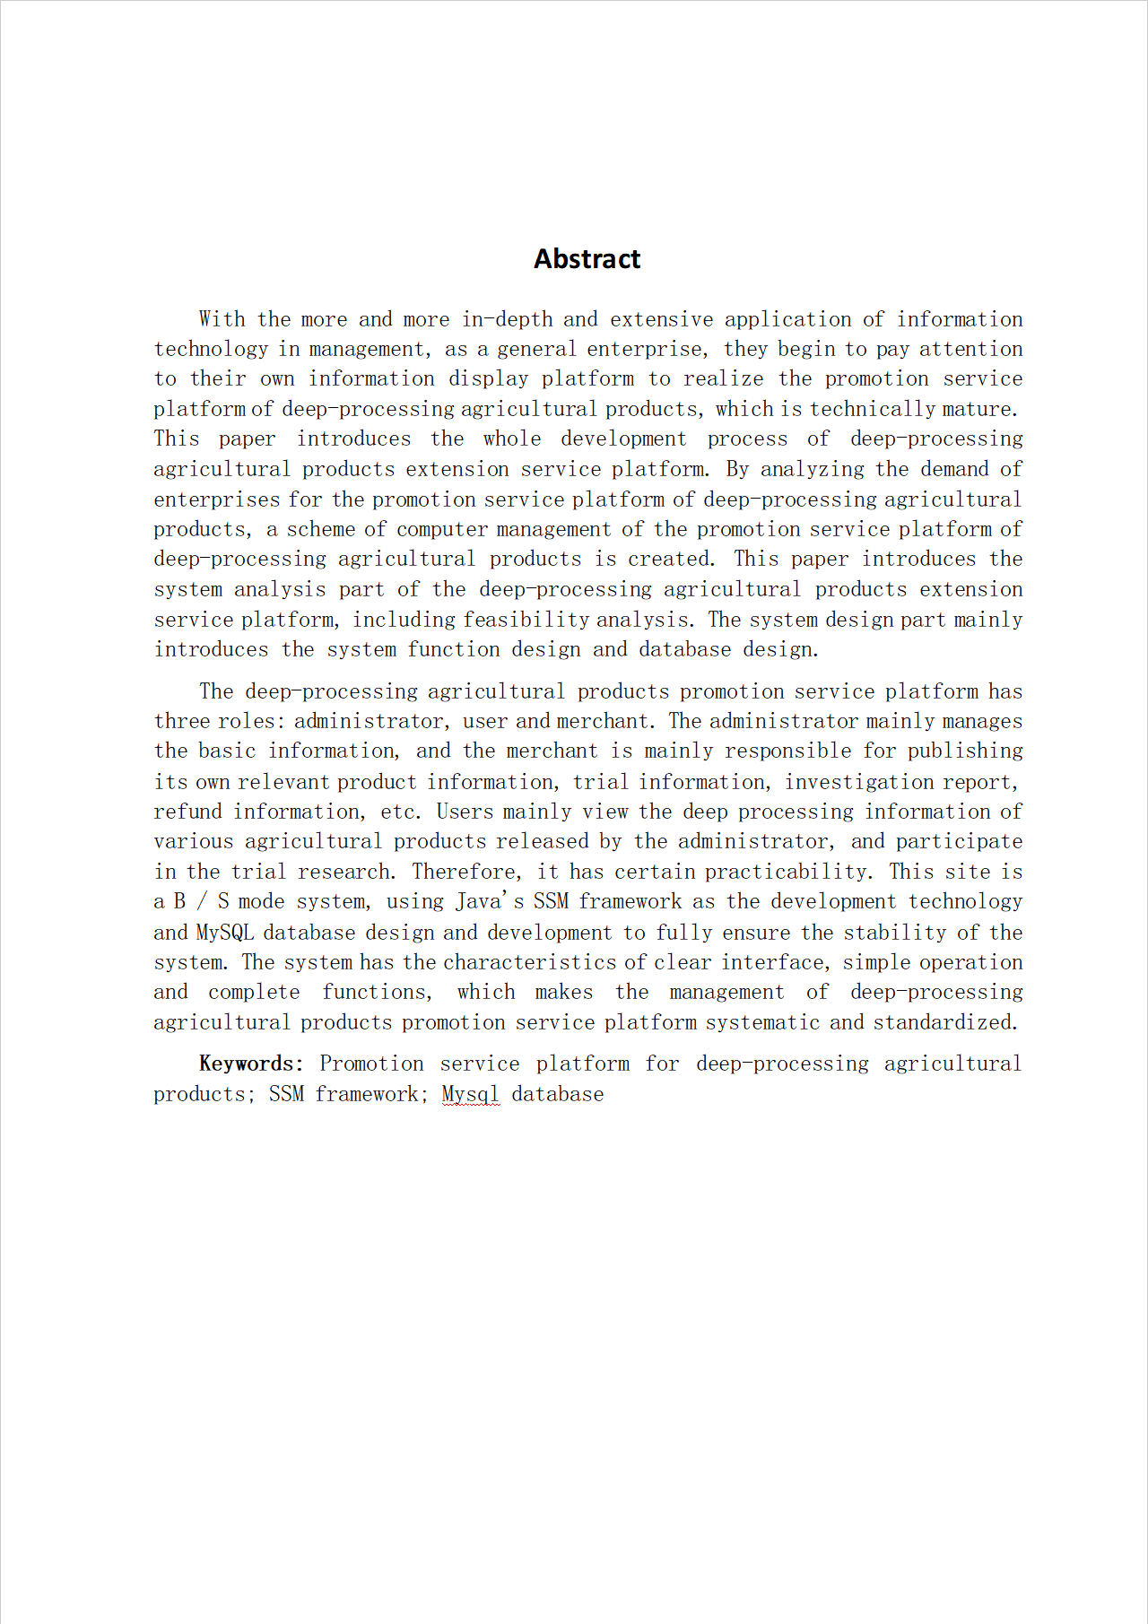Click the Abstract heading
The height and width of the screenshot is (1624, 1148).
[587, 259]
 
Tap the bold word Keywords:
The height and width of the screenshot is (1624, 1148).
[251, 1064]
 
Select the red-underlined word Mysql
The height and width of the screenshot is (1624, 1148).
[470, 1094]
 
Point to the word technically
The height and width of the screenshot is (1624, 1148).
[873, 409]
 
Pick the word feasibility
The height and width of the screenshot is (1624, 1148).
[526, 620]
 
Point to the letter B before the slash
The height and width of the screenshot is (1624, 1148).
[179, 901]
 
